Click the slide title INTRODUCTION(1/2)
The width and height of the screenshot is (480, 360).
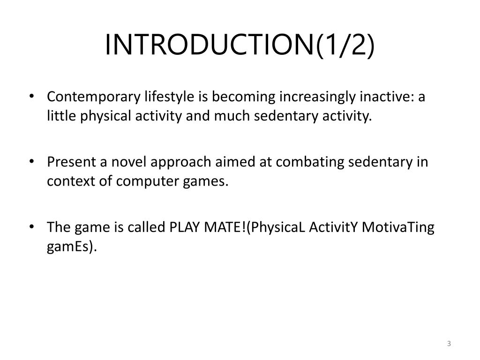pyautogui.click(x=240, y=45)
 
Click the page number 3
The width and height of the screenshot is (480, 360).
pyautogui.click(x=449, y=344)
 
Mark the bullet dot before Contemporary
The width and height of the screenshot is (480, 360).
pyautogui.click(x=31, y=97)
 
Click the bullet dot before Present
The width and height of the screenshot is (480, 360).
pyautogui.click(x=31, y=162)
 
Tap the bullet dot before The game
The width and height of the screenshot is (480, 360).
pyautogui.click(x=31, y=227)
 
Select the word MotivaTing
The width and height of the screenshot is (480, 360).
pyautogui.click(x=399, y=227)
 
